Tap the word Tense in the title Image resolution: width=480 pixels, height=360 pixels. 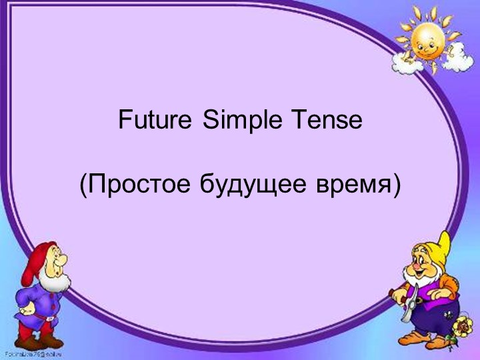[325, 121]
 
